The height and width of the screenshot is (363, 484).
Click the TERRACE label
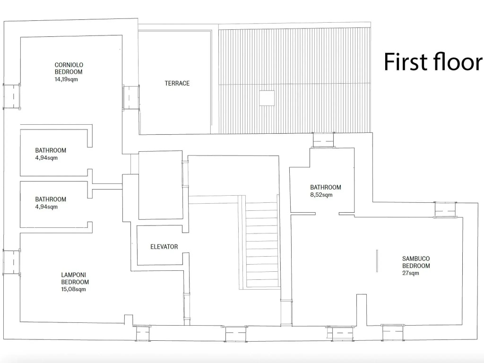click(x=177, y=83)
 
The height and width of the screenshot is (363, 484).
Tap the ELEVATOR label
click(x=164, y=247)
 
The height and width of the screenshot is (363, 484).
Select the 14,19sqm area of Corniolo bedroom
click(x=66, y=79)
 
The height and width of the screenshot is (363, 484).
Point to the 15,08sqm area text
click(x=73, y=289)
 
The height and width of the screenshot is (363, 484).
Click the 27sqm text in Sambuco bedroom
click(x=411, y=273)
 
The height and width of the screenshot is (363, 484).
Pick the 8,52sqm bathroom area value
click(x=321, y=195)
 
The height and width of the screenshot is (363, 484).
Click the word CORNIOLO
click(x=69, y=65)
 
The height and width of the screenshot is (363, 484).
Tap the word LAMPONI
click(x=73, y=275)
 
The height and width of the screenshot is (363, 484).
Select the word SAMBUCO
click(x=416, y=259)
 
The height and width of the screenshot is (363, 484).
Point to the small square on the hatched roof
click(x=267, y=98)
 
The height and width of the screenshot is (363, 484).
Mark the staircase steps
click(x=262, y=245)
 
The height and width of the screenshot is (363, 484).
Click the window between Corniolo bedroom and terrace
click(x=131, y=97)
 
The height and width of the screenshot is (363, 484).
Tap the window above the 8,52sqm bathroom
click(x=323, y=140)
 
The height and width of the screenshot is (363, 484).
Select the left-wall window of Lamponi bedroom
click(x=12, y=262)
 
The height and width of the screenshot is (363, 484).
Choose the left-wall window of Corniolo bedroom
click(x=12, y=96)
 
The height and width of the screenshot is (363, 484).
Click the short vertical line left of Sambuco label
click(x=377, y=261)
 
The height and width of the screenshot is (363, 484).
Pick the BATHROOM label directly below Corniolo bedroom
click(x=51, y=150)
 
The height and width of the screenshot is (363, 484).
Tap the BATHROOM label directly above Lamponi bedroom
click(x=51, y=199)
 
